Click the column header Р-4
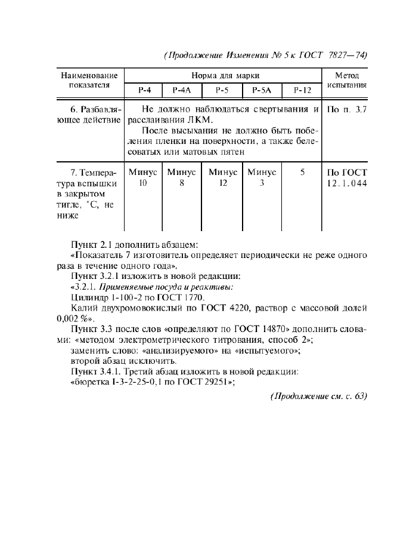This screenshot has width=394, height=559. tap(144, 91)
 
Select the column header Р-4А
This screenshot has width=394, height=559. tap(181, 91)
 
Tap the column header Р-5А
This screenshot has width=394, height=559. tap(261, 91)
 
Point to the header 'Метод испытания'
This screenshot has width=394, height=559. tap(346, 81)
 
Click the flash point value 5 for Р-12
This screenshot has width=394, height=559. tap(302, 173)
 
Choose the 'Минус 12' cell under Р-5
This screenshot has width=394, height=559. tap(222, 178)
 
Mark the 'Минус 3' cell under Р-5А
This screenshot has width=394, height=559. tap(262, 178)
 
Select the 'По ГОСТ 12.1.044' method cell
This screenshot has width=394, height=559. tap(347, 178)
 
